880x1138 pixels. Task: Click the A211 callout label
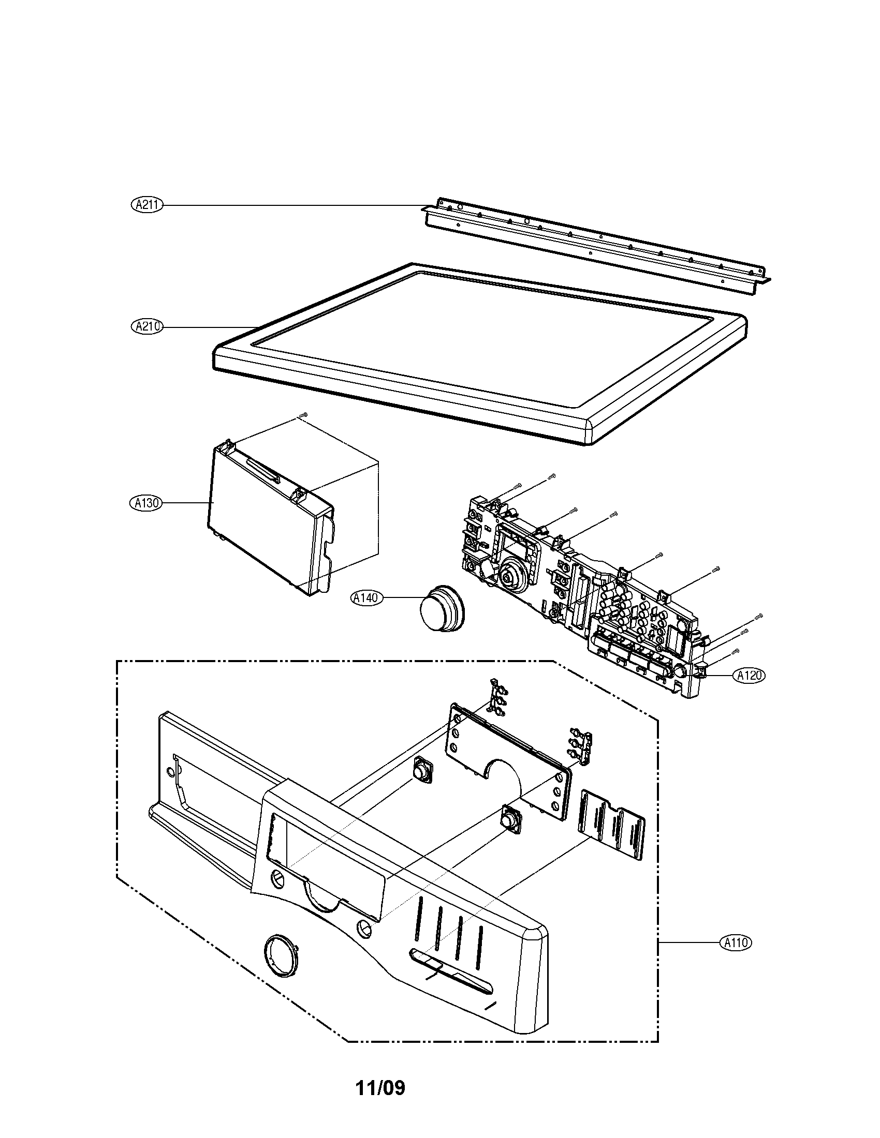(147, 205)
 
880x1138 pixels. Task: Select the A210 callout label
(147, 327)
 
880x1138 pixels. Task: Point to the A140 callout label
(366, 598)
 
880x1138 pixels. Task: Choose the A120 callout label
(750, 675)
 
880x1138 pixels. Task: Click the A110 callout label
(736, 942)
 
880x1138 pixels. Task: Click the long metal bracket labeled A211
(594, 245)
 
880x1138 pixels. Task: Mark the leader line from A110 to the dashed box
(688, 942)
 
